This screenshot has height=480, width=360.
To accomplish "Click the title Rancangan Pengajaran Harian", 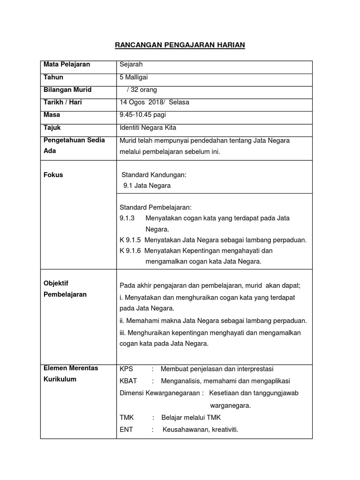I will [x=180, y=45].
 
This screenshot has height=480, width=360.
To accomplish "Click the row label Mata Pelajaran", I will [x=67, y=64].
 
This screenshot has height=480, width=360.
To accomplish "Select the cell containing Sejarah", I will [x=131, y=64].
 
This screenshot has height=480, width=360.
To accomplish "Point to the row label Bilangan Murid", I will [x=67, y=90].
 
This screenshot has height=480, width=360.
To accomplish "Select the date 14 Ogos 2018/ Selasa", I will [x=155, y=102].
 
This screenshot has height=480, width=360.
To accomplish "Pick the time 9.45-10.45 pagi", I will [x=143, y=115].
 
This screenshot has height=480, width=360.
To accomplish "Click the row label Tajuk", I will [x=52, y=127].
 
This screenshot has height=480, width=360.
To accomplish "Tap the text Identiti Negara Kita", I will [x=148, y=127].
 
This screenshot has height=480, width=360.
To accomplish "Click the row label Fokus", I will [x=53, y=175].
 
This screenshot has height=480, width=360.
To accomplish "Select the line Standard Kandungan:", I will [x=154, y=175].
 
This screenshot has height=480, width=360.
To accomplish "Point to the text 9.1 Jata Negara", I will [x=147, y=186].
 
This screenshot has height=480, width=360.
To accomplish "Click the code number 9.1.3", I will [x=127, y=218].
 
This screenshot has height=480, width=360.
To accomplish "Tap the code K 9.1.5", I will [x=131, y=240].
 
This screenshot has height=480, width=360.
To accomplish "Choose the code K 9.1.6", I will [x=131, y=251].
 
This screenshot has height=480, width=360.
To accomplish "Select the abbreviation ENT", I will [x=127, y=428].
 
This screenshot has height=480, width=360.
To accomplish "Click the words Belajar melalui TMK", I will [x=191, y=417].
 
